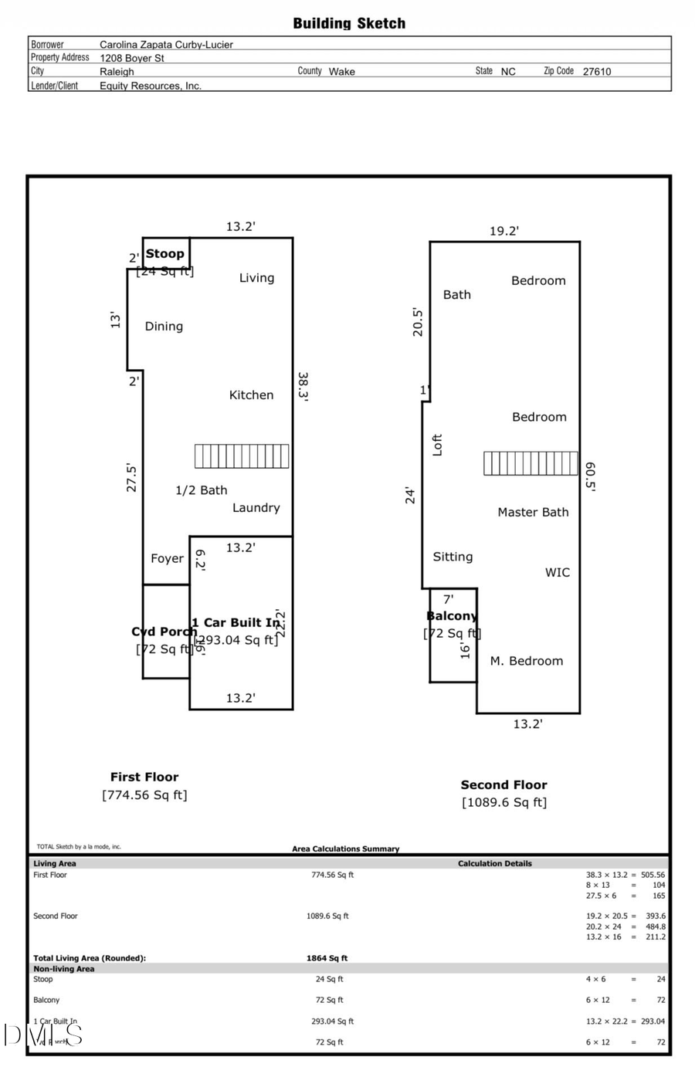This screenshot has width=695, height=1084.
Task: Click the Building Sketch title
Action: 349,24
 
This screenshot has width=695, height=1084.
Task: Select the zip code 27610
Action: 596,71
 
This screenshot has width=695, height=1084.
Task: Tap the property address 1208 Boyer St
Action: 132,58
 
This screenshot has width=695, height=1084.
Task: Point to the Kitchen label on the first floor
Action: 251,395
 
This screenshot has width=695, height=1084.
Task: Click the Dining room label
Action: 164,327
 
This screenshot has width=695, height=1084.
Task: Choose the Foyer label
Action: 167,558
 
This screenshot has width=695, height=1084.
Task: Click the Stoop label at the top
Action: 165,253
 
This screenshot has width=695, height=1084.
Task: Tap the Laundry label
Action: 256,507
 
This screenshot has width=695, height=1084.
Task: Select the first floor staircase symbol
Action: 242,456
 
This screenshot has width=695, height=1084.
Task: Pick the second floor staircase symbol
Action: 531,463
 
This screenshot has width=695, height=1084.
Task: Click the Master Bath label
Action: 533,512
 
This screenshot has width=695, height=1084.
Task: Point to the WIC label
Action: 557,572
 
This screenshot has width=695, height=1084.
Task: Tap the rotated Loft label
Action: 437,445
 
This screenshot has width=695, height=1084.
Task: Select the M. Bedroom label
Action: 526,661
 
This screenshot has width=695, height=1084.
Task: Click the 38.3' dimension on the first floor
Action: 303,386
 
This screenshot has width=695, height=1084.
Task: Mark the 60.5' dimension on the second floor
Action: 590,476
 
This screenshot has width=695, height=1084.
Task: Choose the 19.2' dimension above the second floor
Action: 503,231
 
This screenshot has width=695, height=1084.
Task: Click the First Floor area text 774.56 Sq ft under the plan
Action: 144,794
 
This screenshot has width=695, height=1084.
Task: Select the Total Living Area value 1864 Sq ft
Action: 327,958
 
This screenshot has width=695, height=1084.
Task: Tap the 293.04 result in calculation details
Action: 653,1021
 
